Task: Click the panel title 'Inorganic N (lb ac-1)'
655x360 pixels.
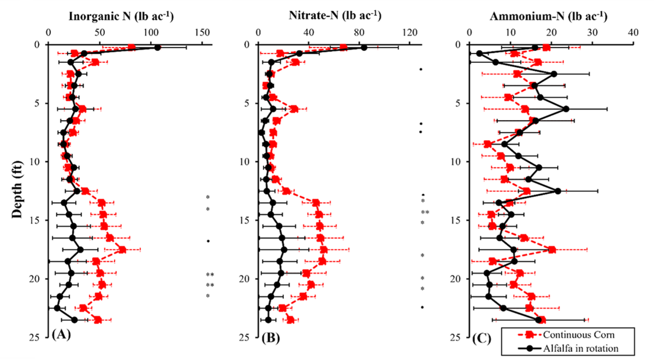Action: coord(121,16)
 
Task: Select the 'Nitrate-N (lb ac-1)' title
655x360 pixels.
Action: coord(335,16)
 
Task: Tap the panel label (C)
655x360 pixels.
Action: coord(480,337)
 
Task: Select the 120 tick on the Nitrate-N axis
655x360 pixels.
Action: coord(410,33)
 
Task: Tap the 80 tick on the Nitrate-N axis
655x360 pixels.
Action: coord(359,33)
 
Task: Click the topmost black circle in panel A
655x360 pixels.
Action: coord(157,48)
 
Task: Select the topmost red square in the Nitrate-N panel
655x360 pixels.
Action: coord(343,47)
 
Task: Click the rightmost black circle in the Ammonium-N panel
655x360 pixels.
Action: coord(566,109)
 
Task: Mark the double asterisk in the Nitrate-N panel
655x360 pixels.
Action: coord(425,213)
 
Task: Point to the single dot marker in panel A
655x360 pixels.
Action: coord(208,241)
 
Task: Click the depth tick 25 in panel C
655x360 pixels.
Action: coord(459,337)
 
